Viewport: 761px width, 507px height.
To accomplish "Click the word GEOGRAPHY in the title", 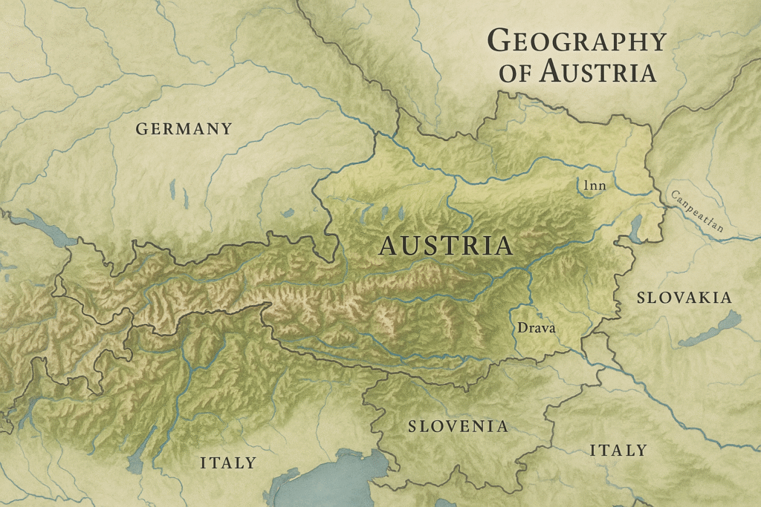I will pos(576,42).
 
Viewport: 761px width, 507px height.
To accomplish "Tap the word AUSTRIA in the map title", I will pos(598,73).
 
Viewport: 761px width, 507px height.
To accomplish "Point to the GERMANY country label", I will pos(184,129).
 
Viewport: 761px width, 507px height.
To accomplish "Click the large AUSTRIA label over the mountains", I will pos(446,246).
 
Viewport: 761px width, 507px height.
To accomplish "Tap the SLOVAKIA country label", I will pos(684,298).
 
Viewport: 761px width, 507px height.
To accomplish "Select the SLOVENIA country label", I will pos(458,426).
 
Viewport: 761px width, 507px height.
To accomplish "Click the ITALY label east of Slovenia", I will pos(618,451).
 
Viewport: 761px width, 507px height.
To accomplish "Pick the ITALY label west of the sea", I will pos(227,463).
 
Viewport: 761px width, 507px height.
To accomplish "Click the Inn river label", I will pos(594,186).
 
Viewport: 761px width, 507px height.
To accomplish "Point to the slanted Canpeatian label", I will pos(696,211).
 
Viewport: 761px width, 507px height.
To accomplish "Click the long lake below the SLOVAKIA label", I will pos(710,330).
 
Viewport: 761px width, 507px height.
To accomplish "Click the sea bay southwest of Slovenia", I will pos(334,475).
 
